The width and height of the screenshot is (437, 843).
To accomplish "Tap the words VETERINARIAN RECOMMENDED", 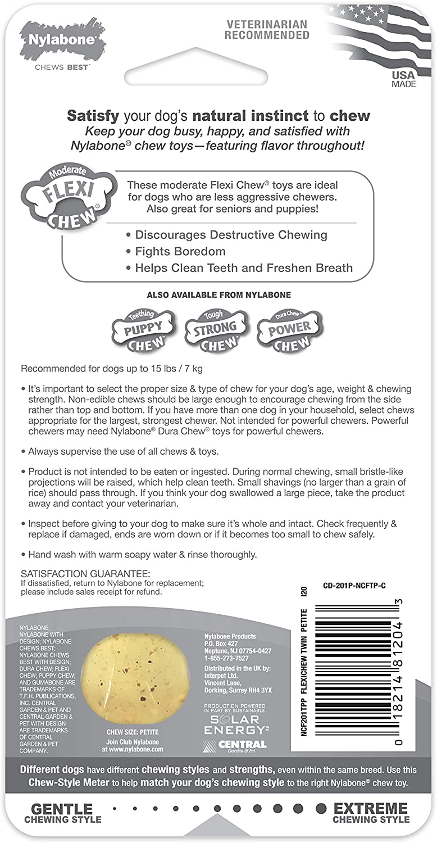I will pos(267,29).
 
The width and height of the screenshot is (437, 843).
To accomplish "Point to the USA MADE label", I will pos(404,79).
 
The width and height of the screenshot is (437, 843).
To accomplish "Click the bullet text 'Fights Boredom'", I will pos(180,251).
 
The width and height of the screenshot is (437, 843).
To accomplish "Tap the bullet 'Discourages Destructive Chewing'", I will pos(231,234).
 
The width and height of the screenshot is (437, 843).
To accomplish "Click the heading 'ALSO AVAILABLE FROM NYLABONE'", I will pos(219,294).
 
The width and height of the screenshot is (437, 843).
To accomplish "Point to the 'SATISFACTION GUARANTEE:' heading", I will pos(85,573).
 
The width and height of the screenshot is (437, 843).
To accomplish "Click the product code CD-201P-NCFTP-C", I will pos(354,586).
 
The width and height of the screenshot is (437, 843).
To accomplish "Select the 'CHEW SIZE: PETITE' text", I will pos(133,732).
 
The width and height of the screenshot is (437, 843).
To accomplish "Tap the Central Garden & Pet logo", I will pos(235,746).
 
